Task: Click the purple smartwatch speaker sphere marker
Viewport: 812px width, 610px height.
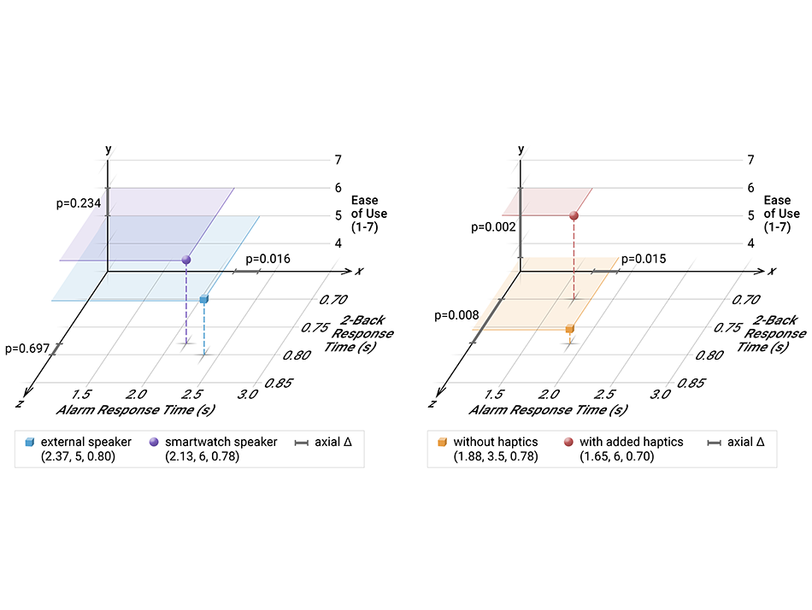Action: [x=186, y=259]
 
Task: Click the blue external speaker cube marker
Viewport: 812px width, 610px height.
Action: [x=203, y=299]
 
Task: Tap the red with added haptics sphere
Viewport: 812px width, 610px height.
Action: [x=574, y=216]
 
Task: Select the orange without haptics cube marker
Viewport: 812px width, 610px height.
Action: [x=569, y=328]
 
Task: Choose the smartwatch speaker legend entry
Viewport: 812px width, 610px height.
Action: [x=221, y=442]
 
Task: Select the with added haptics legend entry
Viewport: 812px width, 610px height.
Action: [x=631, y=442]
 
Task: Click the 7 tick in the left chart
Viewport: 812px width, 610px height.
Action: [x=340, y=160]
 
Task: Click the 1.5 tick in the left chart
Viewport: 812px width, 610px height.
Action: [x=82, y=394]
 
